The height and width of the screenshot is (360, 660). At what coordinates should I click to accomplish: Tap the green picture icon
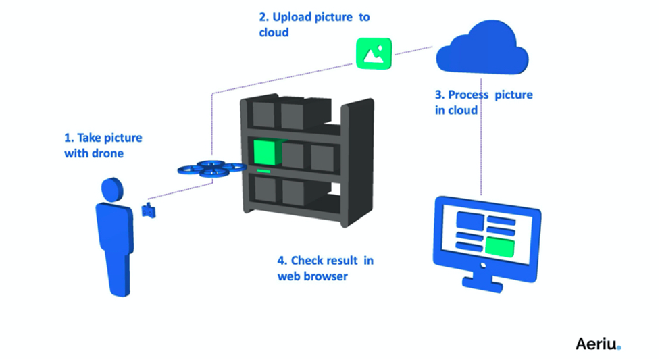[374, 53]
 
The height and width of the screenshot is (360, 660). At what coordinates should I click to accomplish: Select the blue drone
[211, 168]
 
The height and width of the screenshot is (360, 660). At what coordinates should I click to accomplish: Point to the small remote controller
[149, 210]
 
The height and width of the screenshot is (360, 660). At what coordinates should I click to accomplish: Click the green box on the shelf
[266, 153]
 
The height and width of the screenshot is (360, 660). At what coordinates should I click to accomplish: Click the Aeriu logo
[597, 344]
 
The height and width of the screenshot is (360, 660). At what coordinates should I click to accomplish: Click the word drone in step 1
[109, 153]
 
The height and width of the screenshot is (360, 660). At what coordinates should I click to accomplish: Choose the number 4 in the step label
[281, 260]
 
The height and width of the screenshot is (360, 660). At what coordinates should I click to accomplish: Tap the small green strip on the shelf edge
[263, 174]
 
